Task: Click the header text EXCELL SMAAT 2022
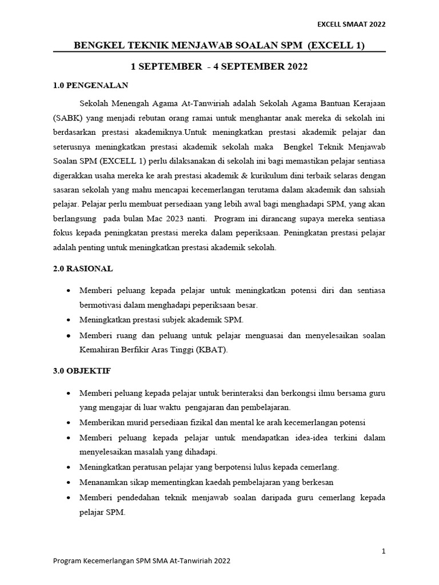click(351, 24)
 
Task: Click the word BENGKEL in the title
click(98, 45)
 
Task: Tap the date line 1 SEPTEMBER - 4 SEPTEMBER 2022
click(219, 67)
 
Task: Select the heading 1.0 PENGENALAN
click(90, 86)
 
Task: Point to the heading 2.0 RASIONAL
click(83, 268)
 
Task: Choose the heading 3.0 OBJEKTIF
click(82, 371)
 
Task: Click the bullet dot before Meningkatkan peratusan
click(69, 467)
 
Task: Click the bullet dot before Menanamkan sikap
click(69, 482)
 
